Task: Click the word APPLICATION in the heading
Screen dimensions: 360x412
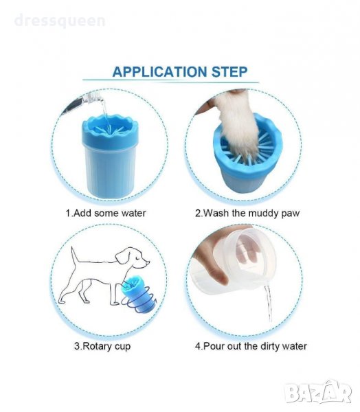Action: point(159,71)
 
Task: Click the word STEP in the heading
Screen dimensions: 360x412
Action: point(229,71)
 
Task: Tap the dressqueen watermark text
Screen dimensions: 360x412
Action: point(60,21)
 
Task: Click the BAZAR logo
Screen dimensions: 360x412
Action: point(319,392)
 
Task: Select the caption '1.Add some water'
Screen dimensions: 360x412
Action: point(106,213)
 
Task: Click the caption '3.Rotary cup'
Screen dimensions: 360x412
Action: point(102,346)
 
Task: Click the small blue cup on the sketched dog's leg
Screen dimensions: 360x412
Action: point(137,294)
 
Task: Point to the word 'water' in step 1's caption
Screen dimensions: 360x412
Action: point(133,213)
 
